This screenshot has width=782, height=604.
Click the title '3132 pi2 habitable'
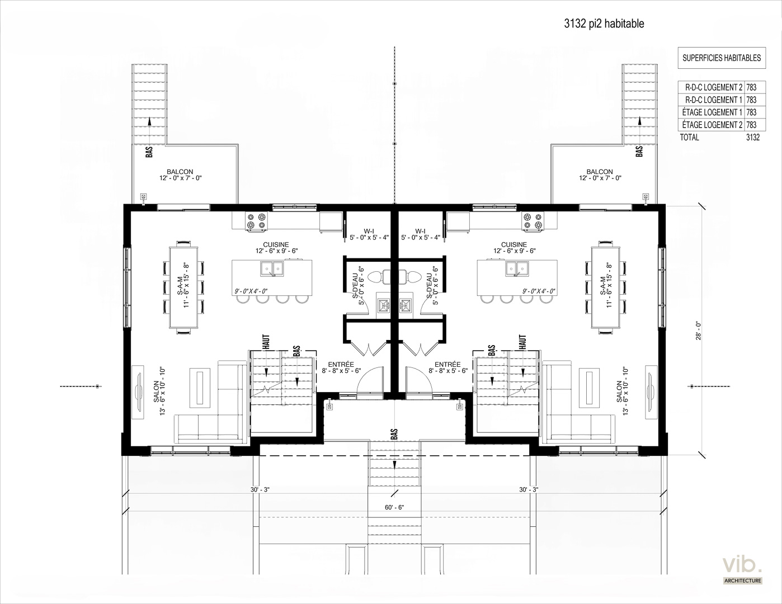coord(604,23)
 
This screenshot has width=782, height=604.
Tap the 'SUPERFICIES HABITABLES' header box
coord(722,58)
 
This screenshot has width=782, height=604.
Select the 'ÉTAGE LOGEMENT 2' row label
coord(712,125)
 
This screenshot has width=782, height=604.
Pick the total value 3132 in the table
coord(753,137)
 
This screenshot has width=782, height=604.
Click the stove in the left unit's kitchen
coord(257,221)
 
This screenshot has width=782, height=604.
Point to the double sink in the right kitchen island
coord(517,269)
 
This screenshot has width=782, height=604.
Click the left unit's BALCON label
coord(180,172)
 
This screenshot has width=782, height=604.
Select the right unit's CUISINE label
coord(514,244)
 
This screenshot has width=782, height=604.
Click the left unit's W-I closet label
coord(369,231)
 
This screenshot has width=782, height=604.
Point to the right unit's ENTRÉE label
coord(447,365)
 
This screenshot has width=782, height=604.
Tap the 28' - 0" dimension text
coord(699,331)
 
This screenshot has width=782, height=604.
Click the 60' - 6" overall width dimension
coord(394,507)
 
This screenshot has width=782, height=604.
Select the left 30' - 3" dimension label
coord(260,489)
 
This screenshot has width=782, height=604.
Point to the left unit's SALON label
coord(156,391)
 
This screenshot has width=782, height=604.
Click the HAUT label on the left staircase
coord(267,342)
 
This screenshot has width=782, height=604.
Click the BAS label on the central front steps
coord(394,434)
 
